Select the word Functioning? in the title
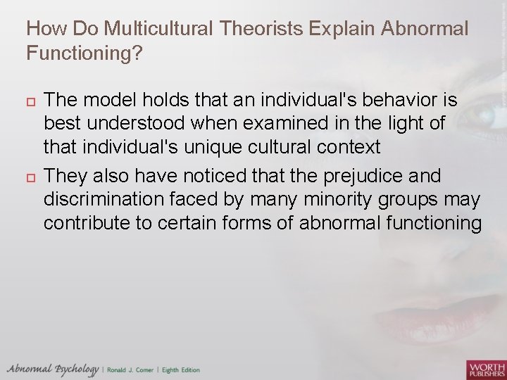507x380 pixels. [84, 53]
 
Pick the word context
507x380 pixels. [351, 148]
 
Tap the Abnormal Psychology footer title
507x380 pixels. [53, 369]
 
